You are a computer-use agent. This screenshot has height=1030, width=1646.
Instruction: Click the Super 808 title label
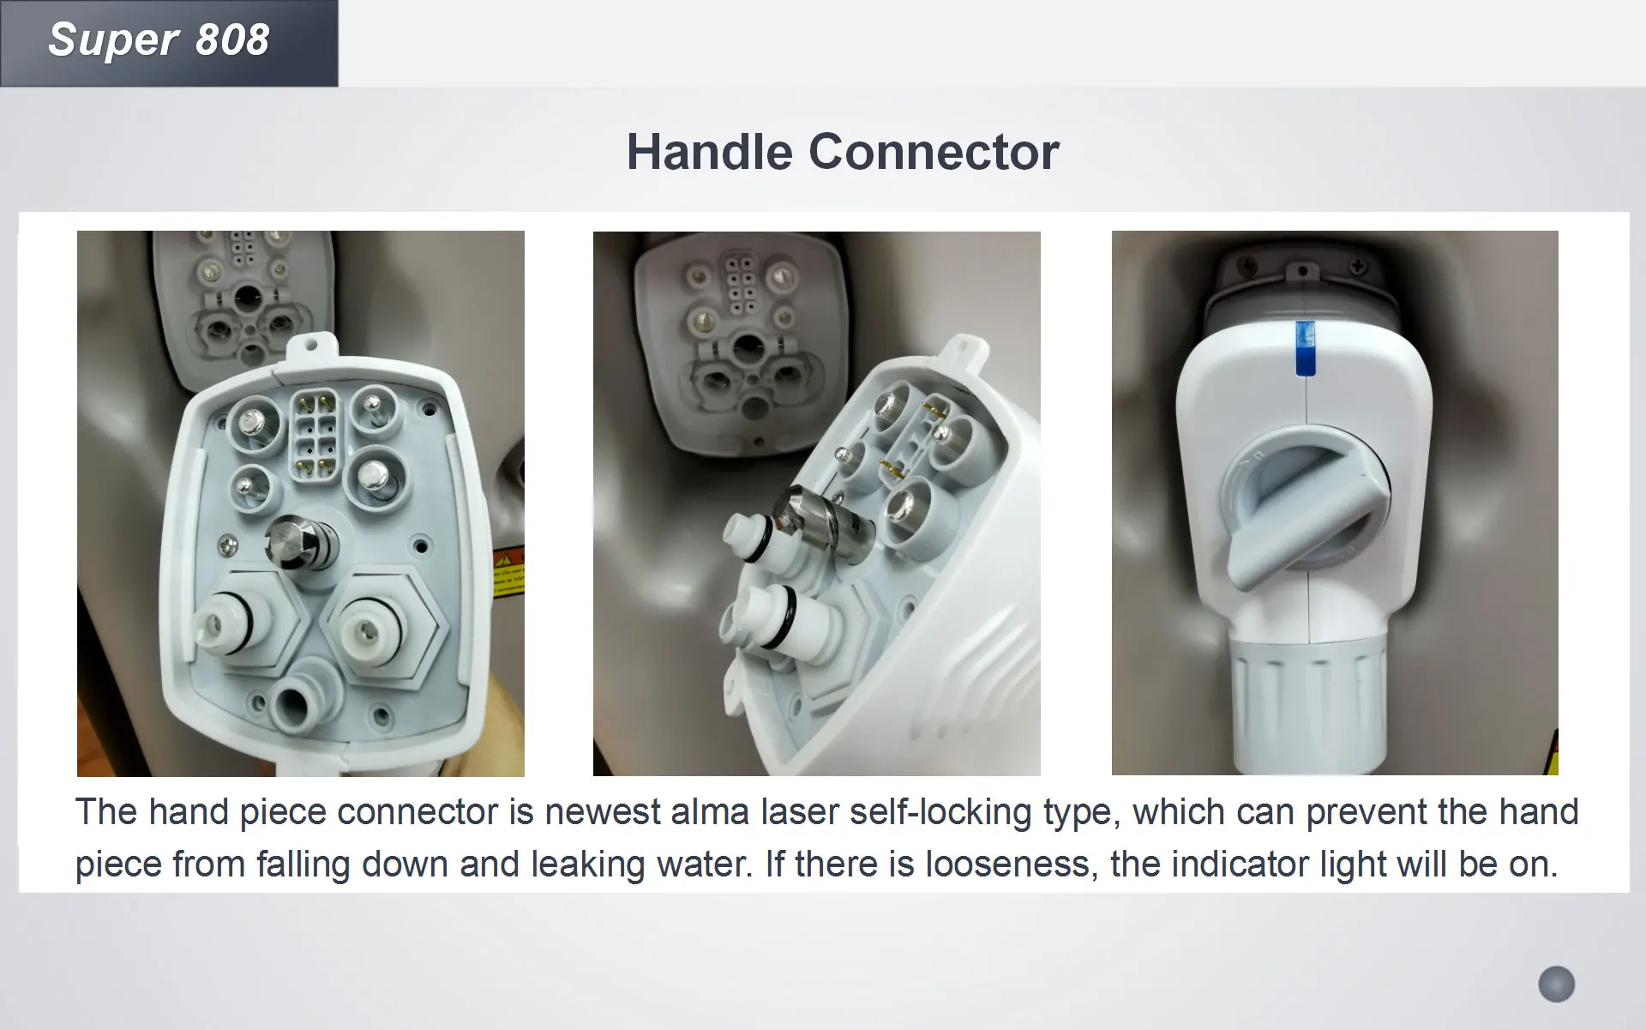coord(159,40)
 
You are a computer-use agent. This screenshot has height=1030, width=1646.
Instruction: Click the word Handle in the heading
coord(710,153)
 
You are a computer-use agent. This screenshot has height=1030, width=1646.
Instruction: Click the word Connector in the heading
coord(934,153)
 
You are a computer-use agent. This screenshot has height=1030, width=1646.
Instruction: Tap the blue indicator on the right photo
coord(1304,348)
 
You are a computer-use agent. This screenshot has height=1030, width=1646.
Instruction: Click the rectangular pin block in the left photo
coord(315,437)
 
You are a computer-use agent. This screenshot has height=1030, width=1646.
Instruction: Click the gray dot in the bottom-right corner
coord(1557,984)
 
